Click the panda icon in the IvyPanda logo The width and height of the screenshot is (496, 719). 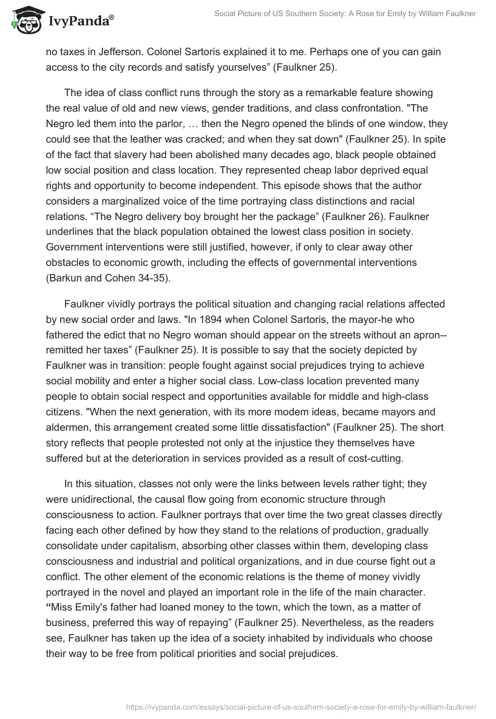[x=25, y=21]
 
